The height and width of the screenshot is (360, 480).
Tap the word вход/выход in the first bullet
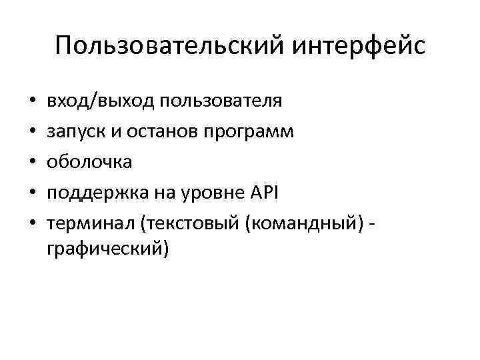[91, 101]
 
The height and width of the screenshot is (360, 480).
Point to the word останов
[162, 131]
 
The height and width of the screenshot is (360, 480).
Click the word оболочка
[89, 161]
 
